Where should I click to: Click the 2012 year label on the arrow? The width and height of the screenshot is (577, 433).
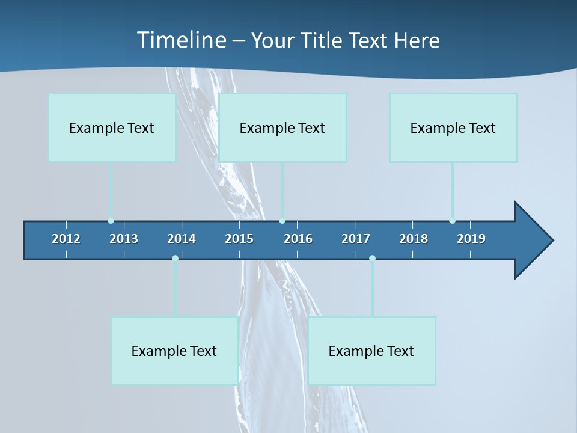66,239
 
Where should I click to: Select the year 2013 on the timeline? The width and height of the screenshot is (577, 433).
124,239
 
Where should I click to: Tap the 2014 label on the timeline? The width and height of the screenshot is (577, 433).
182,239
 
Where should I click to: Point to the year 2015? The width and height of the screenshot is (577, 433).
239,239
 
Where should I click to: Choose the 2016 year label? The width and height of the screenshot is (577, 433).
298,239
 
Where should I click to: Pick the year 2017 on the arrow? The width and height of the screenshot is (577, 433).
356,239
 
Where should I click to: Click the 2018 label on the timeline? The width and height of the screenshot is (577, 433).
414,239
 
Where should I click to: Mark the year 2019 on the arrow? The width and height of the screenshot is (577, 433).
471,239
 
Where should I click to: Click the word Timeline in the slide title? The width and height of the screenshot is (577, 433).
181,40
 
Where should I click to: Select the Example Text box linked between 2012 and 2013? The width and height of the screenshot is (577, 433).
112,127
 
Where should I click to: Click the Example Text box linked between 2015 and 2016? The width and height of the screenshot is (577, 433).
282,127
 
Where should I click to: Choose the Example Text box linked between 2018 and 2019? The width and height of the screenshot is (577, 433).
453,127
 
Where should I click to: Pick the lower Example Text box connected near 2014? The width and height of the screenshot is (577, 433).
174,351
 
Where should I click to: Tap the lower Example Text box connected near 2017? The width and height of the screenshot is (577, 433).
371,351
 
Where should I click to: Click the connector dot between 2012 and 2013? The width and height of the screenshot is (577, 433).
111,221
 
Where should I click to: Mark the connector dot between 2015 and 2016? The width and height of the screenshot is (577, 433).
282,221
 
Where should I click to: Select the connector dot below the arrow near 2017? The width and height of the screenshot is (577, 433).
372,259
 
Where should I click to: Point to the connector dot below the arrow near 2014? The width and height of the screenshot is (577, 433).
175,259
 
